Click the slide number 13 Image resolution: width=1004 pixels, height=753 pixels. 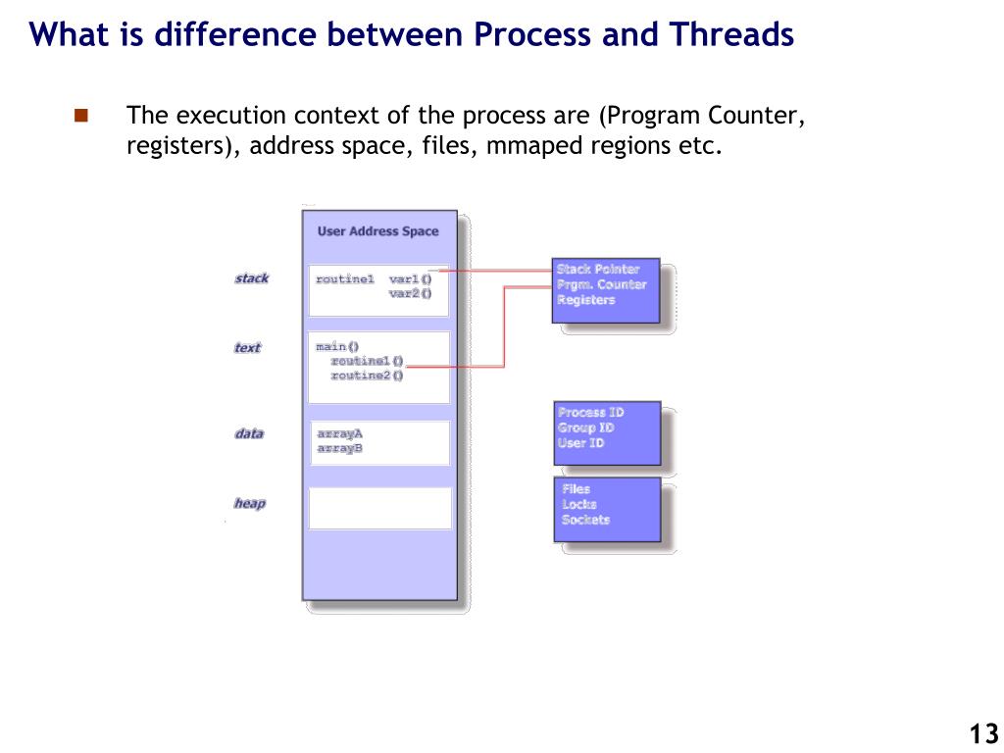coord(983,733)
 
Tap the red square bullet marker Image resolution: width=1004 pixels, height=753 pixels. coord(81,116)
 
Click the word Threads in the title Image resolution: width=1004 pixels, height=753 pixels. coord(732,35)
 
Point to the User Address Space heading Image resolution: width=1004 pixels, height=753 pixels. coord(377,231)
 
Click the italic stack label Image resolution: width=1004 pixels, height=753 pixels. coord(251,278)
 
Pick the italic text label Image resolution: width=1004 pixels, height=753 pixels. coord(247,348)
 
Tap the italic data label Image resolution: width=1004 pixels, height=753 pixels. coord(249,433)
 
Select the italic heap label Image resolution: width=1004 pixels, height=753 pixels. coord(249,504)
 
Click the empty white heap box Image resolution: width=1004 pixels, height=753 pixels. coord(379,508)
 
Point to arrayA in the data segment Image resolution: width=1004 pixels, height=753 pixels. coord(339,433)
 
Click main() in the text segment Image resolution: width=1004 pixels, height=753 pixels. coord(337,347)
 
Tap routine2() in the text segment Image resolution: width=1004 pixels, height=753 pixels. coord(367,376)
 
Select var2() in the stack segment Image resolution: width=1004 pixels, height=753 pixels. coord(410,293)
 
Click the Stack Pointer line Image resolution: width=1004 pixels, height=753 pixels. coord(597,269)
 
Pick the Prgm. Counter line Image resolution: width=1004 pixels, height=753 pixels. coord(601,284)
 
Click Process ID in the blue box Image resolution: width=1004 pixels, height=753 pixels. coord(590,413)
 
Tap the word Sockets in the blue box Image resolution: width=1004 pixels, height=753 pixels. coord(585,520)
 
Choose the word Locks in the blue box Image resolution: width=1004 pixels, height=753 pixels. coord(578,504)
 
